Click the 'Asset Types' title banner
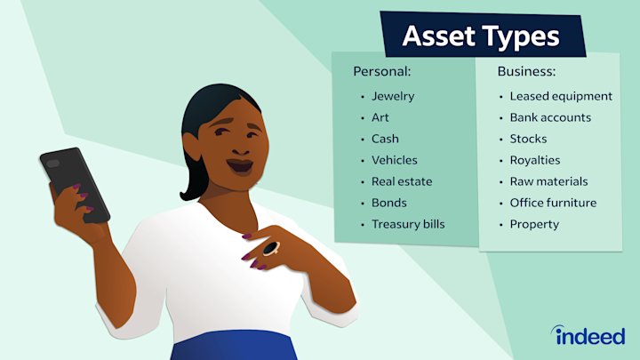coord(481,36)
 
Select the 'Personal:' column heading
coord(382,70)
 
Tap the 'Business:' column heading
coord(526,70)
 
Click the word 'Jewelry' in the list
coord(393,96)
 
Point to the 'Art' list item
coord(380,117)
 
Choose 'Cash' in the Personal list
coord(385,139)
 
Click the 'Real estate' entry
coord(402,181)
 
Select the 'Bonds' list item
coord(388,203)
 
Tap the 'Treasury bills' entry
coord(408,224)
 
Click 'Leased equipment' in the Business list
coord(561,96)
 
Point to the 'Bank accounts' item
coord(550,117)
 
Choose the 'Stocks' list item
coord(528,139)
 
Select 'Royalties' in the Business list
coord(535,160)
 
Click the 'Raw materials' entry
coord(548,181)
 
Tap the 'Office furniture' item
coord(553,203)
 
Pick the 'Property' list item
coord(534,224)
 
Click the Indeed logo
coord(588,335)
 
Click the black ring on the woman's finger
coord(269,248)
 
